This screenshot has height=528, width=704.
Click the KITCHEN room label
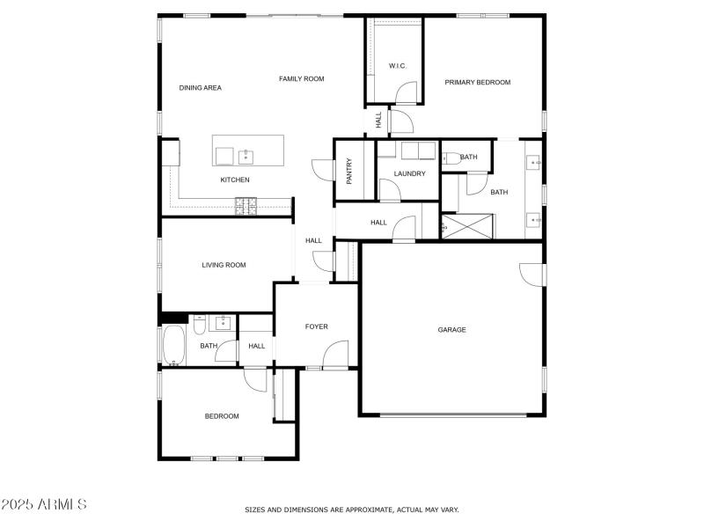(235, 180)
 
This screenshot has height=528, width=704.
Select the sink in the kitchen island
(246, 158)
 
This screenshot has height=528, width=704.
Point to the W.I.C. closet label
(397, 66)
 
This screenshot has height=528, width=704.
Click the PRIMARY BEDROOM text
(477, 83)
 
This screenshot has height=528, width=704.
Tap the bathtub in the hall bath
(172, 345)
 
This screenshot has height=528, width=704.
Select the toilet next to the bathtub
(200, 326)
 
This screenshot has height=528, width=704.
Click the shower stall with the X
(467, 227)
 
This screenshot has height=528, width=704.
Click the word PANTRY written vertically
(349, 171)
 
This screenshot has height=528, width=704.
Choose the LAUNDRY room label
(409, 174)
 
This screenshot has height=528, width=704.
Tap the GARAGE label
(451, 330)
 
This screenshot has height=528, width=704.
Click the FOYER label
(316, 326)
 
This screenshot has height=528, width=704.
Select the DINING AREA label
(200, 88)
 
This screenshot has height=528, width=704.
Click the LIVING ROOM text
(224, 265)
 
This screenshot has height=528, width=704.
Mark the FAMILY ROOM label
(302, 79)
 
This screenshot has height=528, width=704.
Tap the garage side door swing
(532, 275)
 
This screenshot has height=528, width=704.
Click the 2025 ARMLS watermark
(44, 505)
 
